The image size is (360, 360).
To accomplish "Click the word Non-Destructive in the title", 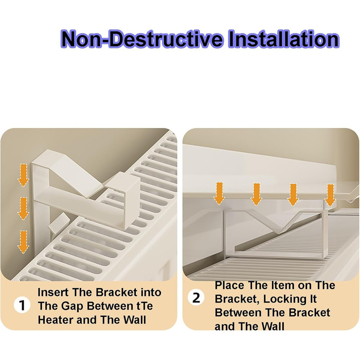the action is coord(142,39).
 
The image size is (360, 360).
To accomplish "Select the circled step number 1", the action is coord(22,305).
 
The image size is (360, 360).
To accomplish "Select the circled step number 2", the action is coord(196,298).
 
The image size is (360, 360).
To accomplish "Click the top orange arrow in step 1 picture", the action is coord(23,175).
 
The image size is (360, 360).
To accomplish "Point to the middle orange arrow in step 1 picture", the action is coord(23,208).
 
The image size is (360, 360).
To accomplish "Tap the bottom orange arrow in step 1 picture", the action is coord(23,242).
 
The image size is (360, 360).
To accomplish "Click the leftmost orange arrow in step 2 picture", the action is coord(219,193).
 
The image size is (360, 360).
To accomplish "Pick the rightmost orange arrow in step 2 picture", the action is coord(330,195).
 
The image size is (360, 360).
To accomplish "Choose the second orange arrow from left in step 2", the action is coord(256,194).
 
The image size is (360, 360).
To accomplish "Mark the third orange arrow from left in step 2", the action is coord(293,195).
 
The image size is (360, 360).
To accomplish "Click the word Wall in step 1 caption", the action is coord(135,320).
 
